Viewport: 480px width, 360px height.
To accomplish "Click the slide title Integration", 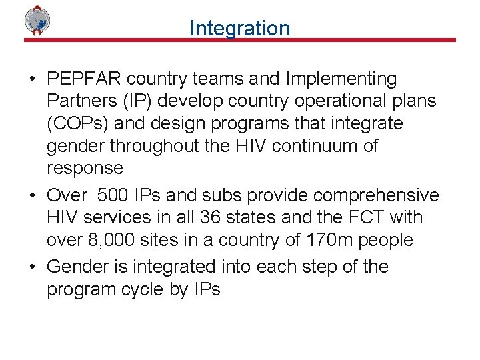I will (239, 28).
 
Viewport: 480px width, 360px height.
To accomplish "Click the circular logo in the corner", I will (38, 20).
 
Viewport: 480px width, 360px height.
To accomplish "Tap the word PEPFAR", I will (85, 79).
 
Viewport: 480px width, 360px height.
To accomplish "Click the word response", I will (85, 168).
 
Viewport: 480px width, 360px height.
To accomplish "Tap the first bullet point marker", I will (32, 79).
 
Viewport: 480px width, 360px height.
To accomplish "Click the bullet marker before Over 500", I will (32, 196).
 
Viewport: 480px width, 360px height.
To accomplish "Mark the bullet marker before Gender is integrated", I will (32, 267).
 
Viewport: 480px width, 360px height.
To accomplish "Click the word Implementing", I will (341, 79).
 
